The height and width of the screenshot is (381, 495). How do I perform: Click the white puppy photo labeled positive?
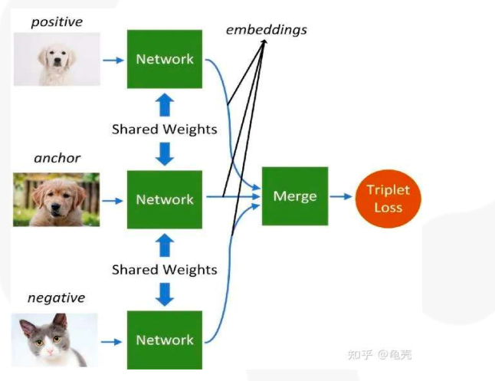pos(56,59)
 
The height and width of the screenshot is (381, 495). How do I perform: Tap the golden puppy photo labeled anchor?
pos(56,199)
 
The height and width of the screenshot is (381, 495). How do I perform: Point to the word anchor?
pos(57,159)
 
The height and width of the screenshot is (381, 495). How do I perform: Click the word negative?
pos(56,297)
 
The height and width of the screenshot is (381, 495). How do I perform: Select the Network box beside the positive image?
pos(165,59)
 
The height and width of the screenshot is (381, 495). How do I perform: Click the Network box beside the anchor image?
pos(165,199)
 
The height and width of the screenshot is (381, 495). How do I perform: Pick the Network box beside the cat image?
pos(165,340)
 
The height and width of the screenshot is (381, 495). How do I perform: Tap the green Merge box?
pos(295,196)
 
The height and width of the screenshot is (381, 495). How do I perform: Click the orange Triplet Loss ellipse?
pos(388,197)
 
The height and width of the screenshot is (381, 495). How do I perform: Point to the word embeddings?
pos(266,30)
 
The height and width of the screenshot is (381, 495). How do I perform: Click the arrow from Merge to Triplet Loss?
pos(341,197)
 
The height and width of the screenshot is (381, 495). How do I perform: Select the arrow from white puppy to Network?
pos(113,60)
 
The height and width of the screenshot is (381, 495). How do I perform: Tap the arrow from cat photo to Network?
pos(113,340)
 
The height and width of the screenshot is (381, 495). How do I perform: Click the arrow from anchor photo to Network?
pos(113,200)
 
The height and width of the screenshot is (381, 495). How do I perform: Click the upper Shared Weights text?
pos(165,129)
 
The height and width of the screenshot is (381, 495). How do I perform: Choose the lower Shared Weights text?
pos(165,269)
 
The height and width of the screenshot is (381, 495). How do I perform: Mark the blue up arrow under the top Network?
pos(165,103)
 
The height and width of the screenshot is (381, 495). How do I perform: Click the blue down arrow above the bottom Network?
pos(165,294)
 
